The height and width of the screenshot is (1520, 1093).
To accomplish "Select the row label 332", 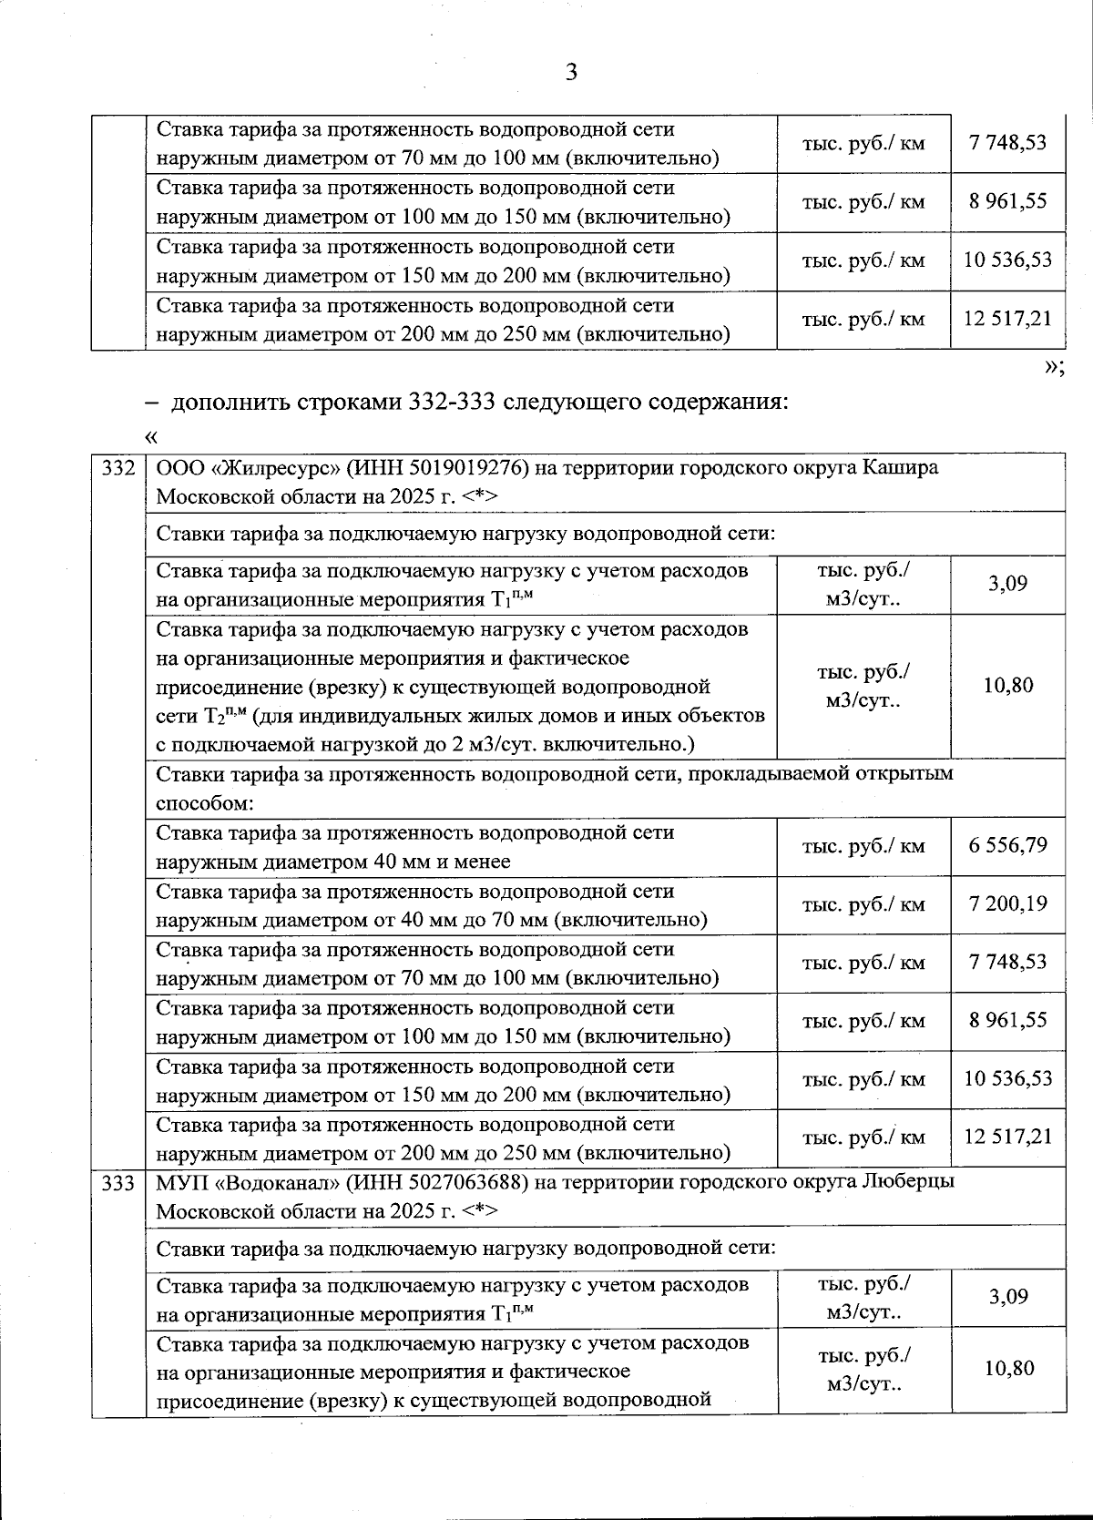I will pos(118,469).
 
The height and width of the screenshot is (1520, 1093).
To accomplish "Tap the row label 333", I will pos(118,1183).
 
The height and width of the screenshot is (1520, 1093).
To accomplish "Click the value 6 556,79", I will pos(1007,845).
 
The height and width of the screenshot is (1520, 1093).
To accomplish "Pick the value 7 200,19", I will pos(1007,903).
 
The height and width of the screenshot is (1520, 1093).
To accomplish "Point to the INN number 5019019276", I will pos(471,468).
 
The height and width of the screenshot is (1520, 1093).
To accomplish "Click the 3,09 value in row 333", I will pos(1008,1297).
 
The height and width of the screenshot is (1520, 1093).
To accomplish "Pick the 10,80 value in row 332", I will pos(1008,685).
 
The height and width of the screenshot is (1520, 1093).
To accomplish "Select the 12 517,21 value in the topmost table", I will pos(1007,319).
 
